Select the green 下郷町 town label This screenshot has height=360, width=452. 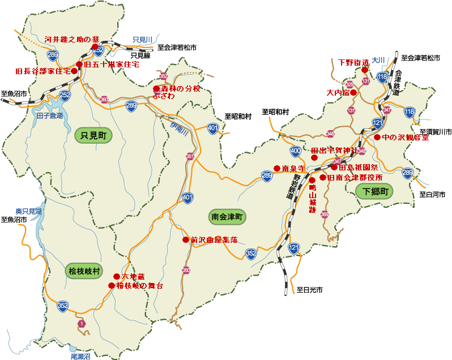coord(375,191)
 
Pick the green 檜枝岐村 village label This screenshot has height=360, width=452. coord(84,271)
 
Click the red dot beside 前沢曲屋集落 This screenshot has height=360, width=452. coord(185,239)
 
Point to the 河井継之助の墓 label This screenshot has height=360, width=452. coord(72,39)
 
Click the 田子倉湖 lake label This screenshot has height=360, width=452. coord(49,115)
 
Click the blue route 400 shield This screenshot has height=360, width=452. coord(295,151)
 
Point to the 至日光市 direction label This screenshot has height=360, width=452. coord(309,290)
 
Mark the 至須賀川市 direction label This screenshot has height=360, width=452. coord(436,131)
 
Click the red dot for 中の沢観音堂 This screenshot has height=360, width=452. coord(377,137)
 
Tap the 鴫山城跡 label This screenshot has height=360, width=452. coord(312,198)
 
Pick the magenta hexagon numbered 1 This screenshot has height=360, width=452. coord(82,323)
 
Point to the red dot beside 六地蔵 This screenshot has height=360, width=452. coord(116,277)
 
